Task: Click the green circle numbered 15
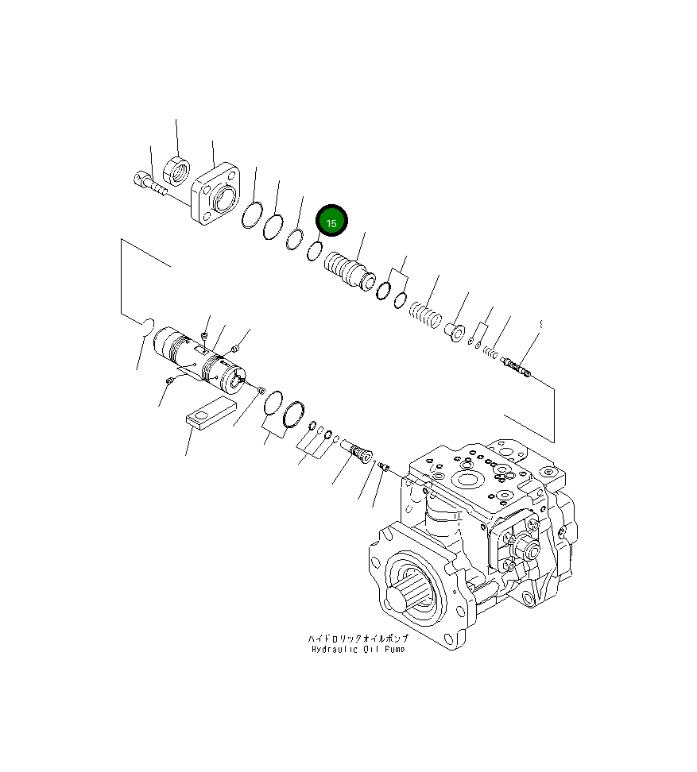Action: point(331,222)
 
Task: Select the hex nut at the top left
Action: point(176,169)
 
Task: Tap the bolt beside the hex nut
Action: point(148,183)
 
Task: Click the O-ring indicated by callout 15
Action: point(314,250)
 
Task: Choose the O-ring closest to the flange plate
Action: point(252,216)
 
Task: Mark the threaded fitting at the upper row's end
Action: point(516,366)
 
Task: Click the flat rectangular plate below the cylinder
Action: point(210,415)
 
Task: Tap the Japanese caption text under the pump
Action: point(357,639)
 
